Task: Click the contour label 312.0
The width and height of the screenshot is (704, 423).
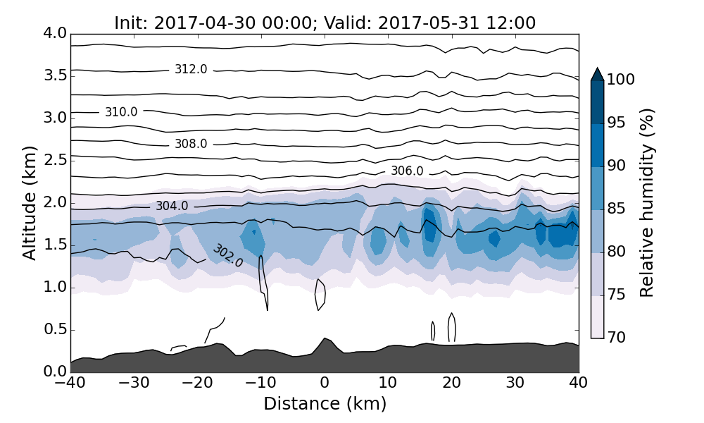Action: (x=191, y=69)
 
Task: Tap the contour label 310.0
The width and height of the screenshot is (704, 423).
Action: (x=121, y=111)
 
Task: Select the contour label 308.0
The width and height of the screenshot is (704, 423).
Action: (x=191, y=144)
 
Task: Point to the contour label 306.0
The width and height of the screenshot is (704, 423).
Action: (x=407, y=171)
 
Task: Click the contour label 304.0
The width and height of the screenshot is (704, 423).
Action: (x=172, y=206)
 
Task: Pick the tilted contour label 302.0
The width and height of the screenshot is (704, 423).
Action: (x=227, y=255)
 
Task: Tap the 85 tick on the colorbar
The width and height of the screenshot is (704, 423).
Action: (x=616, y=209)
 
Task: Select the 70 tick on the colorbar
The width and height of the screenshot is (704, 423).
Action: (x=616, y=338)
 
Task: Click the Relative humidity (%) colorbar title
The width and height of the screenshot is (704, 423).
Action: (x=647, y=202)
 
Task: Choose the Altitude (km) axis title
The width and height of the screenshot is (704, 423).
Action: (x=30, y=202)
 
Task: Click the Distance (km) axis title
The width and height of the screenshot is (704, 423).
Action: (x=325, y=404)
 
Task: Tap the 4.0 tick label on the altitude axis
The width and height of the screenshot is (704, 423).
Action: (x=54, y=33)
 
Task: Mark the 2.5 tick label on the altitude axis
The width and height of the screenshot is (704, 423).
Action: (x=54, y=160)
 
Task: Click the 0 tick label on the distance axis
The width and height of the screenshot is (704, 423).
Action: (x=325, y=383)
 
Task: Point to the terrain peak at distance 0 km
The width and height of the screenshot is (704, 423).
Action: (x=325, y=339)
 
